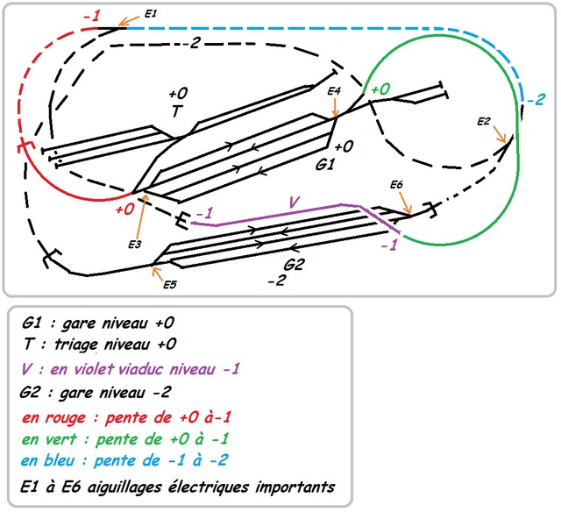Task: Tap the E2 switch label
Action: [483, 121]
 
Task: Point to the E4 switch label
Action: [333, 90]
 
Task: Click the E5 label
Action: [169, 283]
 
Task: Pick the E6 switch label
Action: [396, 185]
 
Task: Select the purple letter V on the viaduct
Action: [295, 203]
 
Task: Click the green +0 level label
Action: [380, 89]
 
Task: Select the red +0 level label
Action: [124, 210]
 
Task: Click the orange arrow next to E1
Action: [129, 20]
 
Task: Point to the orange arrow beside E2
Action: [501, 136]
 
